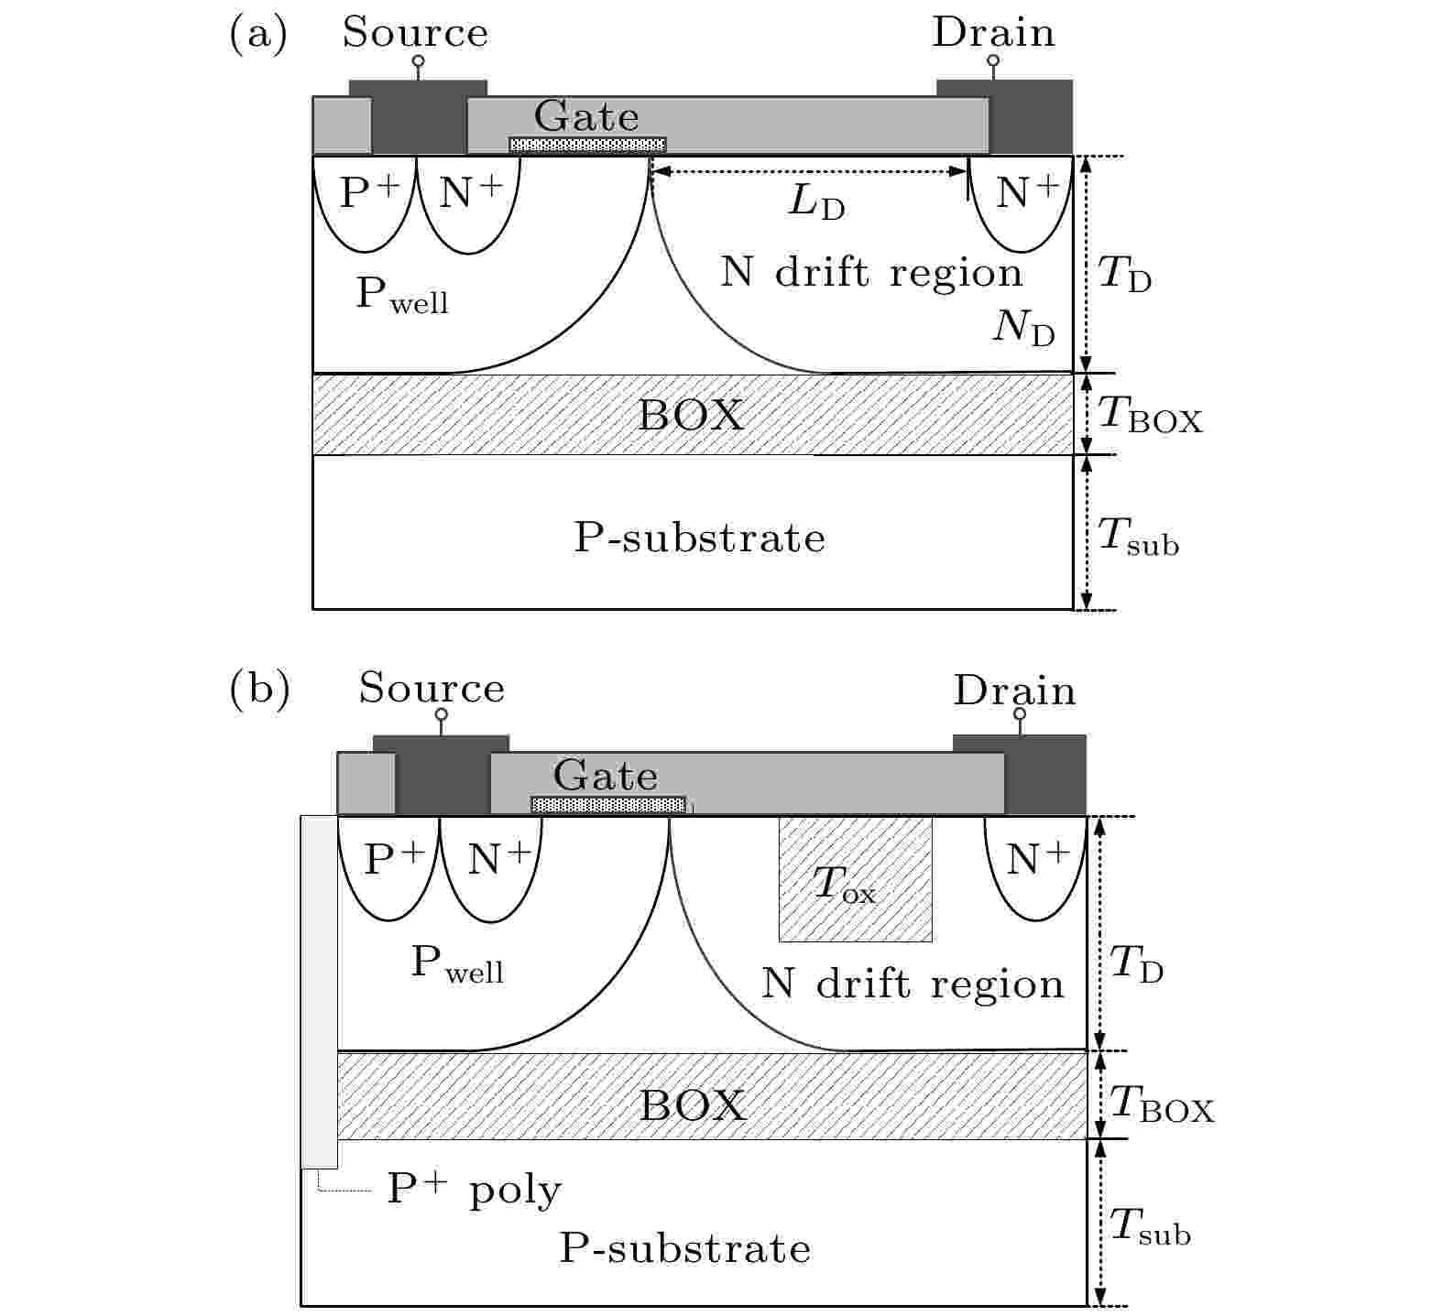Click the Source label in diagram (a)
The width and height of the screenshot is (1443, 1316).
pyautogui.click(x=415, y=33)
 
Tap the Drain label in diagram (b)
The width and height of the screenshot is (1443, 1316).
pyautogui.click(x=1014, y=691)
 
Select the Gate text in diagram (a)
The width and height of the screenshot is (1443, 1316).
pyautogui.click(x=586, y=116)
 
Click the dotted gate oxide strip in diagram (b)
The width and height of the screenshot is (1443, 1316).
pyautogui.click(x=609, y=804)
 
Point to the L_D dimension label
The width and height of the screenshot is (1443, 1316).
pyautogui.click(x=817, y=203)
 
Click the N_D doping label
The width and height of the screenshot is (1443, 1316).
pyautogui.click(x=1024, y=328)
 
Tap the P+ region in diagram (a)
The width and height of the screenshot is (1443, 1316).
pyautogui.click(x=366, y=203)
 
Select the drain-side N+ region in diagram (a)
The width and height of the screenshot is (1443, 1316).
pyautogui.click(x=1022, y=203)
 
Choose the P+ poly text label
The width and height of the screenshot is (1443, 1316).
pyautogui.click(x=474, y=1190)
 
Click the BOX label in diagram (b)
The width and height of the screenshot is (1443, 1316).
pyautogui.click(x=692, y=1105)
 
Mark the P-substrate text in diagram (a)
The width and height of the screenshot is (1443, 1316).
pyautogui.click(x=699, y=538)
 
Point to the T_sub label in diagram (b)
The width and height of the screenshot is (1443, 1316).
pyautogui.click(x=1150, y=1227)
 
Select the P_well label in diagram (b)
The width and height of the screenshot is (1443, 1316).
pyautogui.click(x=457, y=964)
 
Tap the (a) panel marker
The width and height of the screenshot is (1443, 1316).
pyautogui.click(x=258, y=34)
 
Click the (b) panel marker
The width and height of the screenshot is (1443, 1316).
pyautogui.click(x=259, y=690)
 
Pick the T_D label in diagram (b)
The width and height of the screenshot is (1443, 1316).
pyautogui.click(x=1136, y=964)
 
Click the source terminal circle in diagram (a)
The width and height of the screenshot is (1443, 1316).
pyautogui.click(x=418, y=62)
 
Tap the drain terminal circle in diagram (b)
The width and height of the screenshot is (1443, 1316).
pyautogui.click(x=1020, y=713)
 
